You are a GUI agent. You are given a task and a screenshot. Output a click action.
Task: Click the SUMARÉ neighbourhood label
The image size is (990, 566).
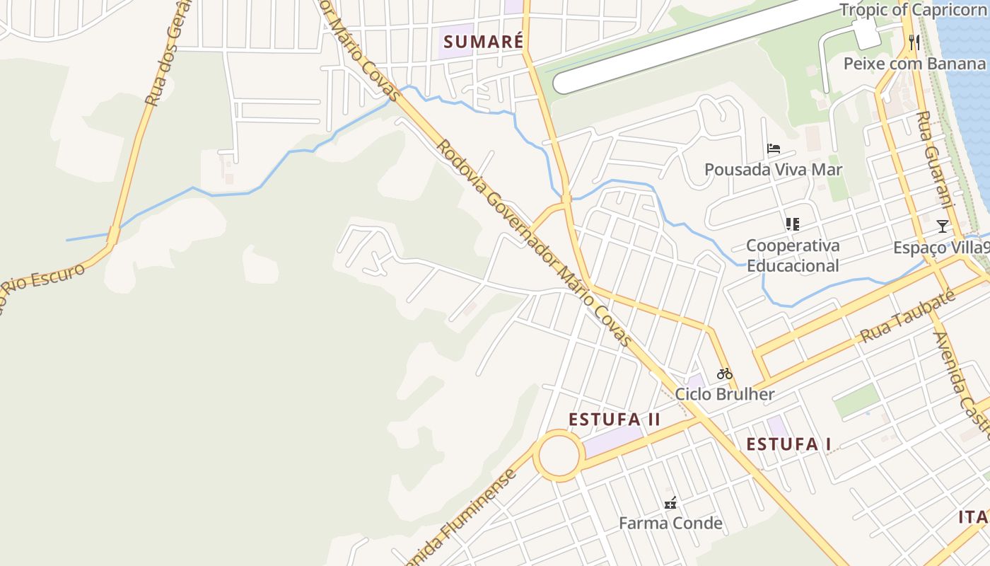484,42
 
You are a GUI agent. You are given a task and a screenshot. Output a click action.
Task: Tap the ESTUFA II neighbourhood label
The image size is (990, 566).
615,420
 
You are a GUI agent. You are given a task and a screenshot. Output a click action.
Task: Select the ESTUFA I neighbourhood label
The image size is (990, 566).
788,444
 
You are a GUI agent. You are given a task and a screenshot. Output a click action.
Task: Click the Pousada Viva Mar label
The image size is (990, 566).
773,170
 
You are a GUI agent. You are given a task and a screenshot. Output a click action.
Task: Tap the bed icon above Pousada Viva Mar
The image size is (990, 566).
774,149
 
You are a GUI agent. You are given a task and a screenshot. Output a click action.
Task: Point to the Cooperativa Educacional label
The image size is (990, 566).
793,255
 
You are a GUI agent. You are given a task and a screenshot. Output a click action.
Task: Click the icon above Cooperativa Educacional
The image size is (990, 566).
793,224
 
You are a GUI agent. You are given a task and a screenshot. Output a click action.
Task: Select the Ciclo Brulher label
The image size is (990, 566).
725,394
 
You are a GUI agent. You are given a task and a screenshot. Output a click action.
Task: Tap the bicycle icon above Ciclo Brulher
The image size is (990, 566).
725,374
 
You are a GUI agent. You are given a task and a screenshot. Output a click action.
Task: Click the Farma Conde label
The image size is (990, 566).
670,524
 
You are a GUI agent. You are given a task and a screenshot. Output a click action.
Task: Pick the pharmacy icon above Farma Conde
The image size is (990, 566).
670,503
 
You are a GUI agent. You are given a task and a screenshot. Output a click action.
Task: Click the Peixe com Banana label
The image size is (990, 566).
914,64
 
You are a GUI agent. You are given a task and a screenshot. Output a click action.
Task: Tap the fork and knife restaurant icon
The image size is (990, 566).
914,42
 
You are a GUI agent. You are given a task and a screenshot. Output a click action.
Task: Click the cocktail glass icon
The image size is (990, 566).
942,226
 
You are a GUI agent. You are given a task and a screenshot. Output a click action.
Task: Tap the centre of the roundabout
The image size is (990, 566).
558,456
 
